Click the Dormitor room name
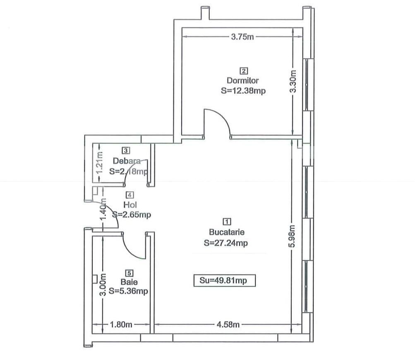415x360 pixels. click(242, 80)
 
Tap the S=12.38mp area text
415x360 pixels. click(243, 91)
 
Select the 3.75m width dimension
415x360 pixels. click(242, 37)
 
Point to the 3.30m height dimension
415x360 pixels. click(293, 81)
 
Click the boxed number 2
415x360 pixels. click(244, 71)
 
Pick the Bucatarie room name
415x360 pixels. click(227, 232)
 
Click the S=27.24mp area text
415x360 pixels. click(226, 243)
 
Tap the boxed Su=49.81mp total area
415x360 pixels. click(224, 281)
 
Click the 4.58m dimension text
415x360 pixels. click(228, 324)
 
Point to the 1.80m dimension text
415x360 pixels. click(121, 324)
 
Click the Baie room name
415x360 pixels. click(129, 282)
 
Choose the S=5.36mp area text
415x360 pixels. click(128, 291)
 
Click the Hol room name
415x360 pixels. click(130, 205)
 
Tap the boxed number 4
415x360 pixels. click(130, 195)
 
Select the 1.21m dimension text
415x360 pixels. click(100, 162)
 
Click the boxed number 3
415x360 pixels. click(126, 150)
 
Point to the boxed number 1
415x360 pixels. click(227, 221)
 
